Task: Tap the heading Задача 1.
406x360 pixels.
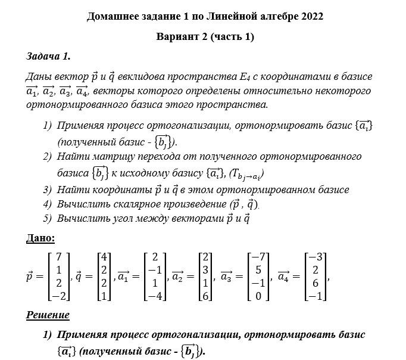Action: click(x=48, y=56)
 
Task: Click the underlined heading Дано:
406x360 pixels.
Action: click(x=41, y=238)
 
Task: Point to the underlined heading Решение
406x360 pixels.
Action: click(x=48, y=314)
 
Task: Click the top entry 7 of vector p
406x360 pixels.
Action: click(x=58, y=257)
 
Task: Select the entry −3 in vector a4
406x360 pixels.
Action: click(x=316, y=257)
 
